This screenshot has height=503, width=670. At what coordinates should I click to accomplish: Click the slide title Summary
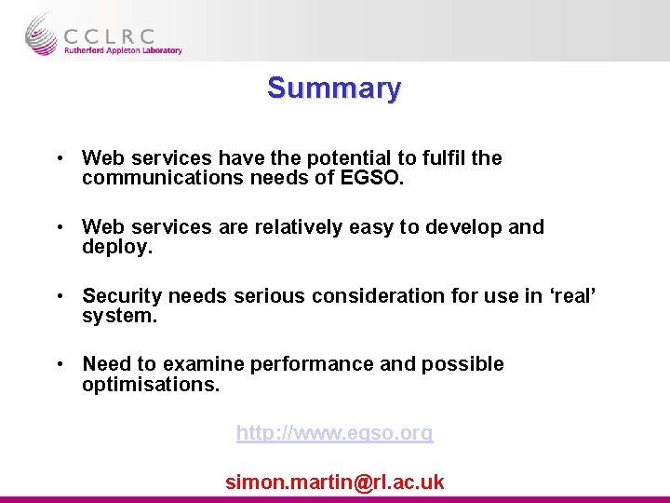[x=334, y=88]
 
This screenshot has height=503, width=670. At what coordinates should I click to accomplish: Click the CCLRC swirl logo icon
[x=41, y=34]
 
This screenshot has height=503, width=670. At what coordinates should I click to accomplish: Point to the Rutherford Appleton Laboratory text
[x=123, y=51]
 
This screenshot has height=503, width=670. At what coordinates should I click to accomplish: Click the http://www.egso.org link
[x=334, y=433]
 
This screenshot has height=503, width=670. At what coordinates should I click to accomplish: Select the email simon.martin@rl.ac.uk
[x=334, y=483]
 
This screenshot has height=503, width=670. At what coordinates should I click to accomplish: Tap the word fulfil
[x=440, y=158]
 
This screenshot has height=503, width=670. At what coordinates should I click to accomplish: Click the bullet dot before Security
[x=59, y=296]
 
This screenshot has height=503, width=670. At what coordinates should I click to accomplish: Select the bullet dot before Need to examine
[x=59, y=364]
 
